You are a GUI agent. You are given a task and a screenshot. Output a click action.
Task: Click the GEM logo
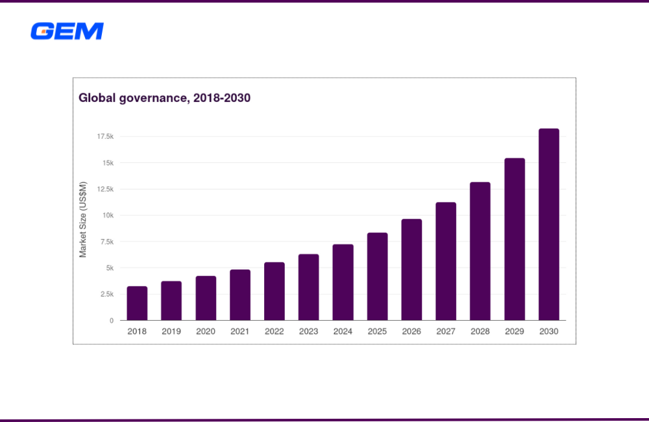[x=67, y=31]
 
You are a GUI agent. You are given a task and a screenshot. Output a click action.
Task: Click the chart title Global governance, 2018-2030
[x=164, y=99]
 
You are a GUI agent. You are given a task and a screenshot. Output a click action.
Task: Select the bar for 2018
[x=137, y=303]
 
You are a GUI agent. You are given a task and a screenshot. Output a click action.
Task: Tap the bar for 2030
[x=548, y=225]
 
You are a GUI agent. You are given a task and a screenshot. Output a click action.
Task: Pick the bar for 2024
[x=343, y=282]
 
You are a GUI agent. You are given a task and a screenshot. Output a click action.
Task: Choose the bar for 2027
[x=446, y=261]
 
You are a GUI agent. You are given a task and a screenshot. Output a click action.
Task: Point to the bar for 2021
[x=240, y=295]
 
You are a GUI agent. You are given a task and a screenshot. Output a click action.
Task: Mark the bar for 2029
[x=515, y=239]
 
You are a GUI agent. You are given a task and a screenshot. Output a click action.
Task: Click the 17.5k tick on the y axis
[x=105, y=137]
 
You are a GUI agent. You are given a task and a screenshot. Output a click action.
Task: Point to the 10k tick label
[x=108, y=216]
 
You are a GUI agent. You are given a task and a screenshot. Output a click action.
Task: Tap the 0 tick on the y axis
[x=111, y=321]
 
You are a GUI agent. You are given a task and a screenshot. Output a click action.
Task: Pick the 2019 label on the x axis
[x=171, y=331]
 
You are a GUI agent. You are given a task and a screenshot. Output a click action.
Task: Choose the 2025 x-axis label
[x=377, y=331]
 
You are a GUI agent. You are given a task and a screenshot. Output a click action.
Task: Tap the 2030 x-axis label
[x=548, y=331]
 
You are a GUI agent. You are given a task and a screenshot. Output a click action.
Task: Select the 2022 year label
[x=274, y=331]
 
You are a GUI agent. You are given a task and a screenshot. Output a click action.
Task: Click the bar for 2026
[x=411, y=269]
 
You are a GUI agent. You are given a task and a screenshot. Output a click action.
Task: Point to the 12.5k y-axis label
[x=105, y=190]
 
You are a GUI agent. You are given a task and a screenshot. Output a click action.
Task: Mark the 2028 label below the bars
[x=480, y=331]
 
